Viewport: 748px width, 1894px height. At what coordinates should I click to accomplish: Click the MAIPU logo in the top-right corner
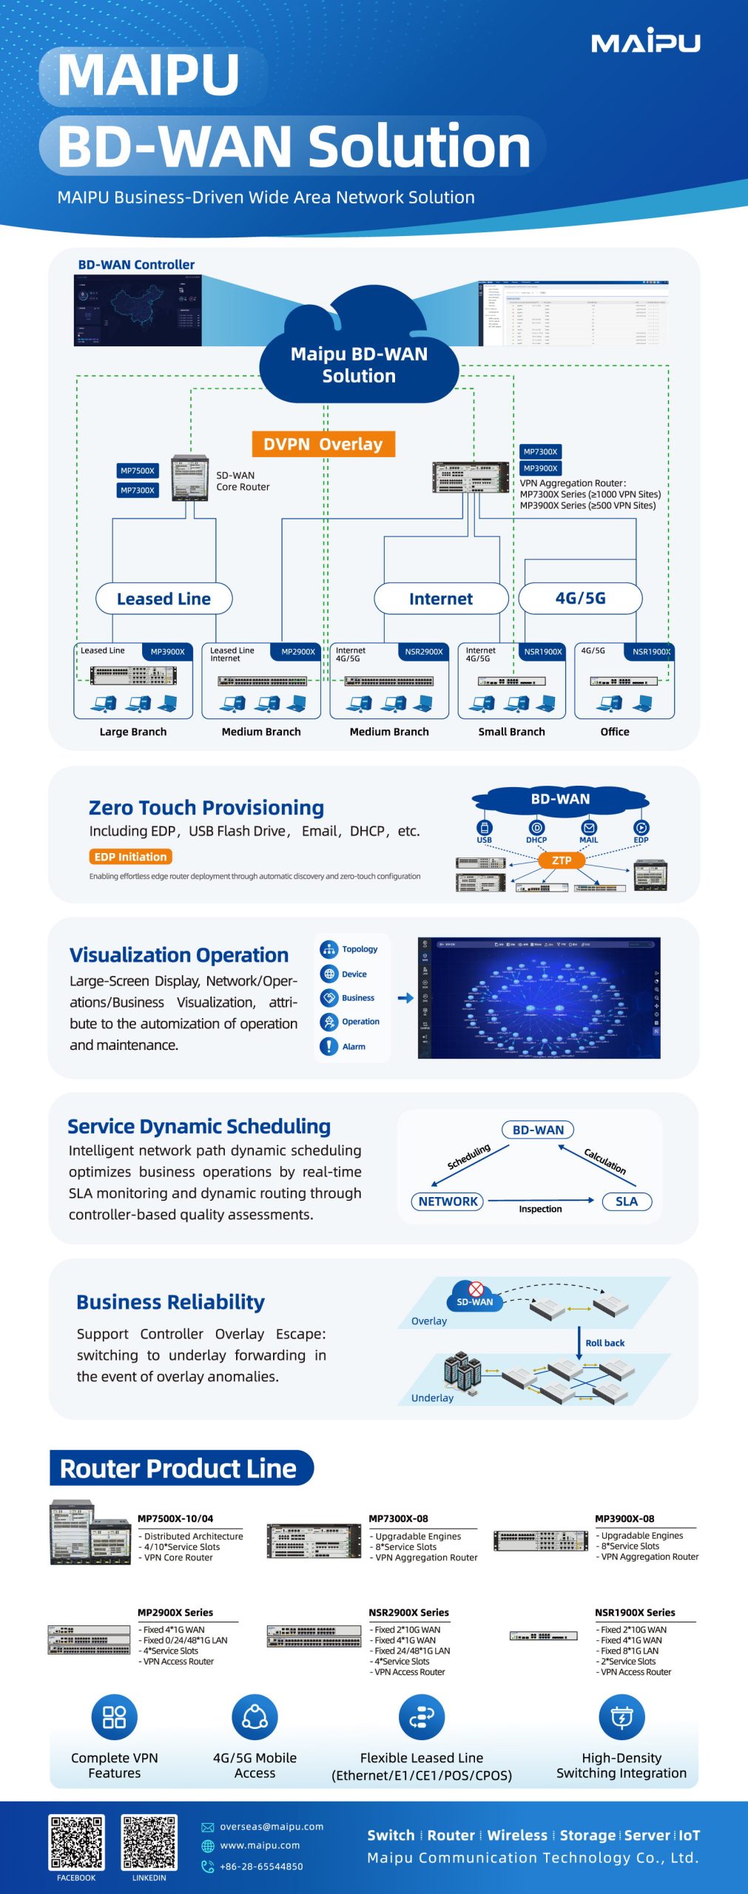point(645,41)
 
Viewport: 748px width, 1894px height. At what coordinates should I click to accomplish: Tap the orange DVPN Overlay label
point(323,444)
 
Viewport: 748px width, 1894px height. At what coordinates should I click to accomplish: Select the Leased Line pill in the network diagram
point(164,599)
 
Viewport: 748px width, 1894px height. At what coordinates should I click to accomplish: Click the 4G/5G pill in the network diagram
point(580,598)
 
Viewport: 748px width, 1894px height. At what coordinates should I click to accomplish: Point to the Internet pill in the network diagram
point(441,599)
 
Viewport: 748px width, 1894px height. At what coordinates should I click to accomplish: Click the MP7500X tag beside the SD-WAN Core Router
point(138,471)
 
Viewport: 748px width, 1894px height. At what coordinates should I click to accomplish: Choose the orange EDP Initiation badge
point(130,857)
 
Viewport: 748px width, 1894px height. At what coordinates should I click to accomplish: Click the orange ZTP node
point(562,860)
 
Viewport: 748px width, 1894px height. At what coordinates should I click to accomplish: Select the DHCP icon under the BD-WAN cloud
point(536,828)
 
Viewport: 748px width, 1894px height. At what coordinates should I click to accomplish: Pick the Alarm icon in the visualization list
point(328,1046)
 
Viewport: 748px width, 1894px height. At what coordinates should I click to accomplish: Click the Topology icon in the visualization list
point(329,949)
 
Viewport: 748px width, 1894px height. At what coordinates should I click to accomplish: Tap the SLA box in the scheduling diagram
point(626,1202)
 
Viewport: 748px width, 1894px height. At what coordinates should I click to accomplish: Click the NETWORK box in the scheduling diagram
point(448,1202)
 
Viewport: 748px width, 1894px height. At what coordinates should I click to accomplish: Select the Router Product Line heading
point(178,1469)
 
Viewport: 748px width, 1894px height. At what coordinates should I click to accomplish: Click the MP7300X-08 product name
point(398,1519)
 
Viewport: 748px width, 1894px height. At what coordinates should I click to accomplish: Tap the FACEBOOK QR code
point(76,1841)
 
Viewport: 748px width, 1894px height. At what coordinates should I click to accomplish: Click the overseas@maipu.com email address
point(272,1827)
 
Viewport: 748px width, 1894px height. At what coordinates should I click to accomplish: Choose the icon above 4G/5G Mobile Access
point(255,1717)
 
